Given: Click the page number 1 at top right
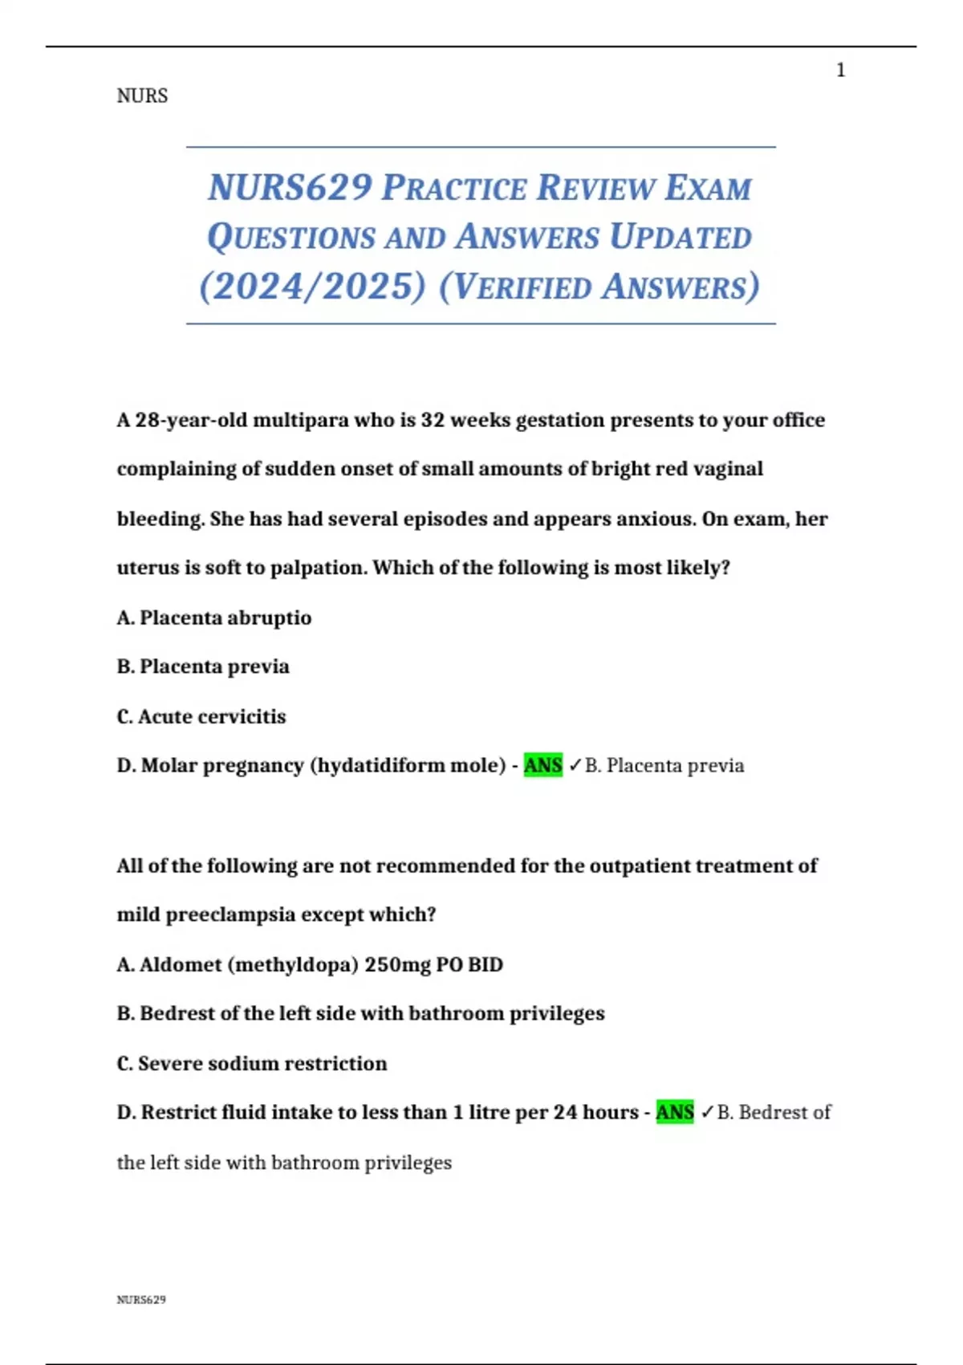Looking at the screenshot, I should click(x=840, y=71).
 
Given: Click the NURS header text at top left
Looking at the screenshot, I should click(x=142, y=96).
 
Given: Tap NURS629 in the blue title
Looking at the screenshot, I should click(x=290, y=188).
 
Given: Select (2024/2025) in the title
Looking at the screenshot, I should click(x=312, y=287).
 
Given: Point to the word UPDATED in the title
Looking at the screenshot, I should click(x=680, y=238).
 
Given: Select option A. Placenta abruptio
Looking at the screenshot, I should click(x=213, y=617).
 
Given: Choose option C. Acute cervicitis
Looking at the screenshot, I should click(x=201, y=716).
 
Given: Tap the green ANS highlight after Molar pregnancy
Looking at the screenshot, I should click(x=542, y=765).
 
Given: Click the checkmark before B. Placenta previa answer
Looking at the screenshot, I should click(x=575, y=766).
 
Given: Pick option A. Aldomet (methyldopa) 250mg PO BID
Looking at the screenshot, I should click(x=309, y=964).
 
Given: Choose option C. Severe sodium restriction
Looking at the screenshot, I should click(x=251, y=1063).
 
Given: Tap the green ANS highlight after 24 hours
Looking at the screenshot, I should click(x=674, y=1112).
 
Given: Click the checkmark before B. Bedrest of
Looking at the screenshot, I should click(x=707, y=1113).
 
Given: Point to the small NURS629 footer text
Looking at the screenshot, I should click(x=141, y=1300).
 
